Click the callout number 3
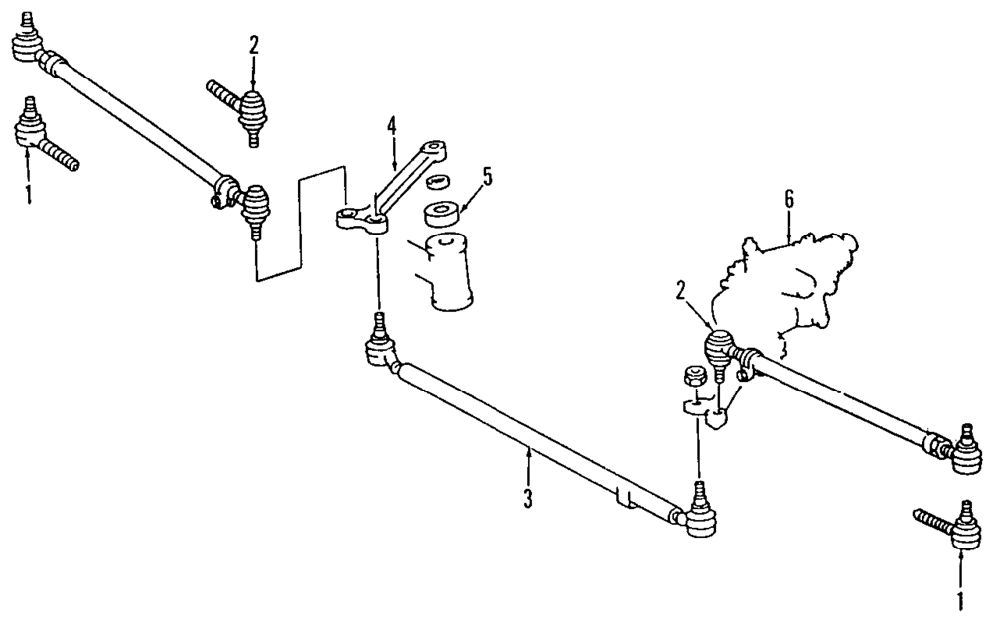[528, 495]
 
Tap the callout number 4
[392, 126]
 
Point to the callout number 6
[789, 198]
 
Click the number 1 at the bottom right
[960, 599]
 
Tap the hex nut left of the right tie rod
[695, 377]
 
